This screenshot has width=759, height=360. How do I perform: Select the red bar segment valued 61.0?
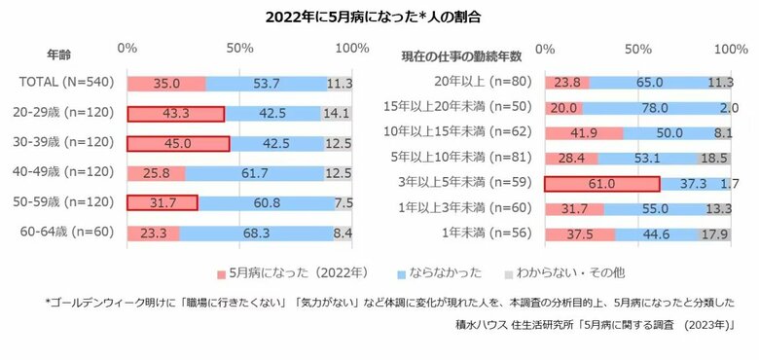(x=601, y=183)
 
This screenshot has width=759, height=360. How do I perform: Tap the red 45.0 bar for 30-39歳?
(x=178, y=144)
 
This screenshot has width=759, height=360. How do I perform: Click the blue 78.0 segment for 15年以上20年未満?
(x=655, y=108)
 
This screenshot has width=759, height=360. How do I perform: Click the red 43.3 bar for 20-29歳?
(x=176, y=114)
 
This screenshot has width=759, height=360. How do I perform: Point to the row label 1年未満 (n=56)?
(x=488, y=233)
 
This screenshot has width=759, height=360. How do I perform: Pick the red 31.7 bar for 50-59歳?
(x=163, y=203)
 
